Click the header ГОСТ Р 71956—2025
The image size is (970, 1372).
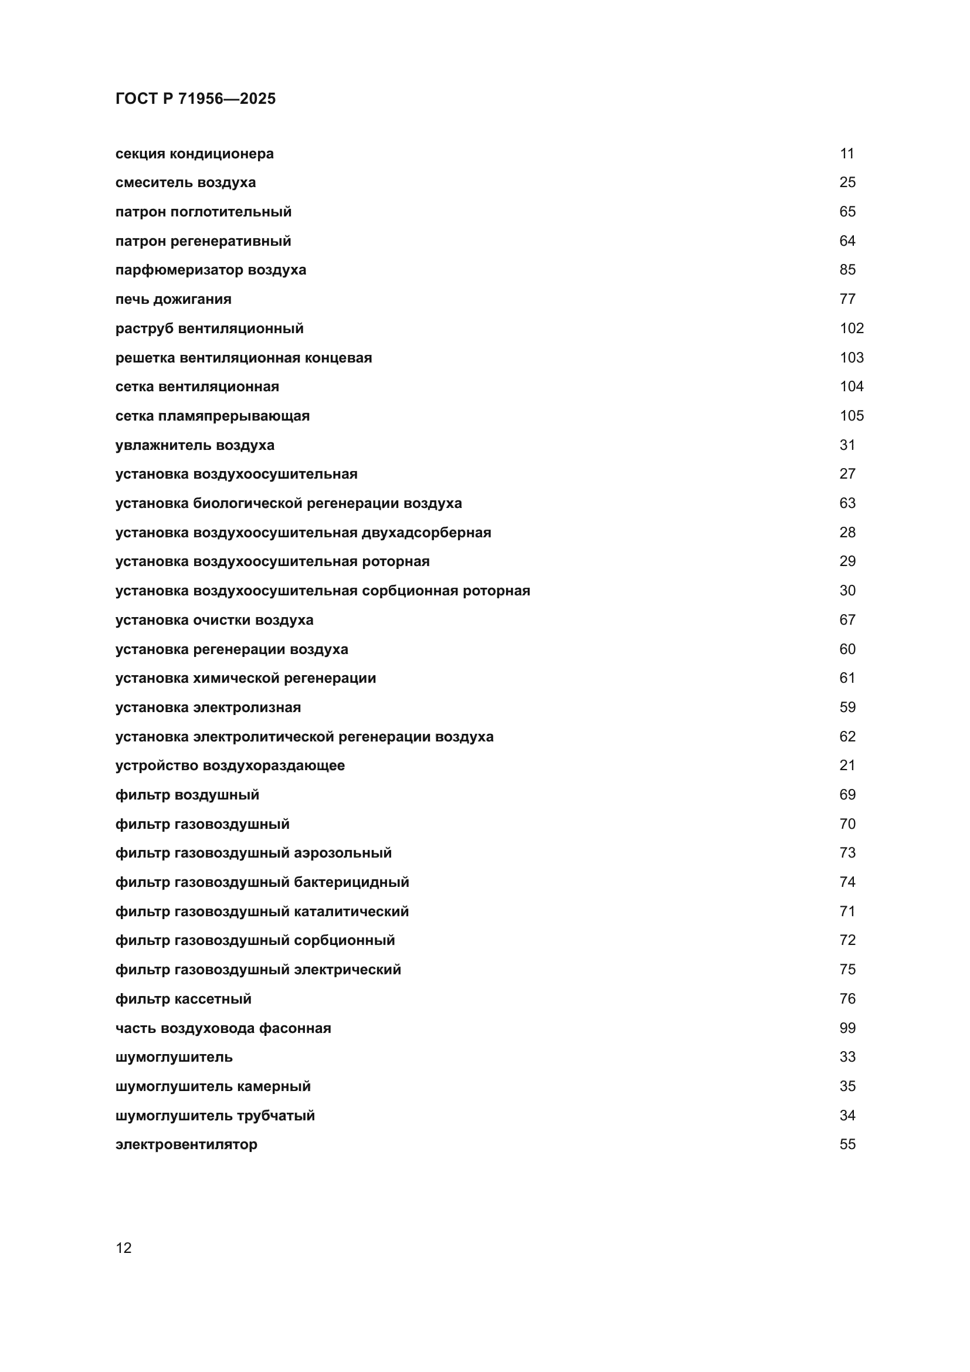click(195, 99)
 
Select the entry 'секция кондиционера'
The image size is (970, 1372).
click(194, 154)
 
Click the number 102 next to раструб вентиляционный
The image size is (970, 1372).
click(851, 328)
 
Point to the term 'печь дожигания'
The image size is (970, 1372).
click(173, 299)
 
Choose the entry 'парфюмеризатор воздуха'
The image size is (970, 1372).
click(211, 269)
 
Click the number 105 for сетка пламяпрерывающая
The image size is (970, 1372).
click(851, 415)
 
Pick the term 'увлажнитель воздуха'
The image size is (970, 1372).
click(195, 445)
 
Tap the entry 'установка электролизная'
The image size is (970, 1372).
click(208, 707)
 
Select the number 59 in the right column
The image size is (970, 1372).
click(847, 707)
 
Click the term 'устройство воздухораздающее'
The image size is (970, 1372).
click(230, 765)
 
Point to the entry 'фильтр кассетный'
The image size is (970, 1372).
click(184, 999)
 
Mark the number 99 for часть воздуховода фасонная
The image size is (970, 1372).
click(847, 1028)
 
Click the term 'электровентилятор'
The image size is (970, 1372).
click(186, 1145)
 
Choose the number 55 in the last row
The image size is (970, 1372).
click(847, 1145)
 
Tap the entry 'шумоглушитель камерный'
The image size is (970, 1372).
click(213, 1086)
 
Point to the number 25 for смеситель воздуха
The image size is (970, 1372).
click(847, 182)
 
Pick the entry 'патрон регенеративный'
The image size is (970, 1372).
click(203, 241)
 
